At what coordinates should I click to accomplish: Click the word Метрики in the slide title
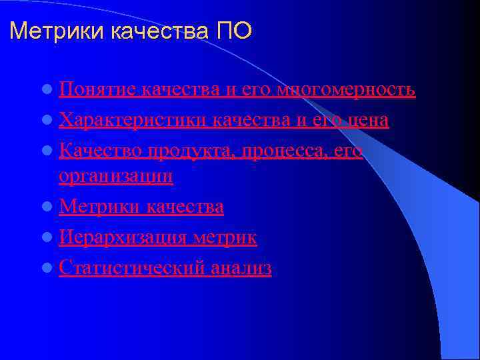pyautogui.click(x=47, y=31)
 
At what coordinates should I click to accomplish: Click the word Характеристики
pyautogui.click(x=134, y=121)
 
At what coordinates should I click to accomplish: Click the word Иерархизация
pyautogui.click(x=123, y=237)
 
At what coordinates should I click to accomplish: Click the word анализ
pyautogui.click(x=241, y=268)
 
